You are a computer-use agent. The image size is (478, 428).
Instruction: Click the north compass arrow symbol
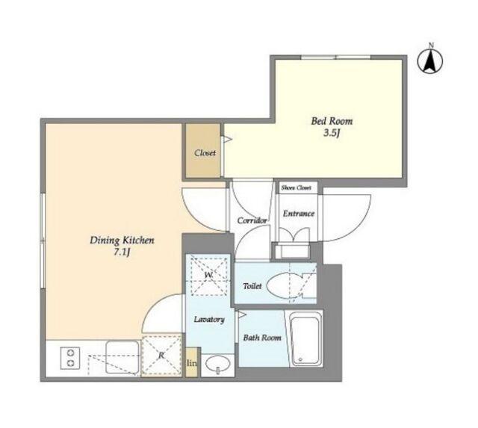click(430, 62)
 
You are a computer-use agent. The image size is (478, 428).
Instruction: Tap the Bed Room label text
click(332, 121)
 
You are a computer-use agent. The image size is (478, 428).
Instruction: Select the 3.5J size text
click(332, 134)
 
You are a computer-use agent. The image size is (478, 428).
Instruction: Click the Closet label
click(205, 152)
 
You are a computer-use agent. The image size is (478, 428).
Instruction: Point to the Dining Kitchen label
click(122, 241)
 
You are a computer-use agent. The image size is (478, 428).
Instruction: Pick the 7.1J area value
click(122, 252)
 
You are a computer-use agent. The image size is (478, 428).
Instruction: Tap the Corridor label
click(252, 220)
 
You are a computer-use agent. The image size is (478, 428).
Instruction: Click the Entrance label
click(299, 214)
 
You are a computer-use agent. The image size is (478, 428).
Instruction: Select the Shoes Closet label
click(296, 187)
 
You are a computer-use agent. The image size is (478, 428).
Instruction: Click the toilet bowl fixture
click(288, 285)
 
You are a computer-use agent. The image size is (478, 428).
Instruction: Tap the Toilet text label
click(252, 286)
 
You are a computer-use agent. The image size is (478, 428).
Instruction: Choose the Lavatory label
click(209, 319)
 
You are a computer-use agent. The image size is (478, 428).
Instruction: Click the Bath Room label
click(262, 338)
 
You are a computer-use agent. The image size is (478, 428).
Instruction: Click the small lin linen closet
click(191, 362)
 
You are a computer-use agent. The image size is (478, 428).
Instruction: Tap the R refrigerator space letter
click(161, 355)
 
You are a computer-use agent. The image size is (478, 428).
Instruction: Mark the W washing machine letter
click(208, 275)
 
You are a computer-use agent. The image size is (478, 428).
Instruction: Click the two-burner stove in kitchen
click(70, 358)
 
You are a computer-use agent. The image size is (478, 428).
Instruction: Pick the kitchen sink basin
click(122, 357)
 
